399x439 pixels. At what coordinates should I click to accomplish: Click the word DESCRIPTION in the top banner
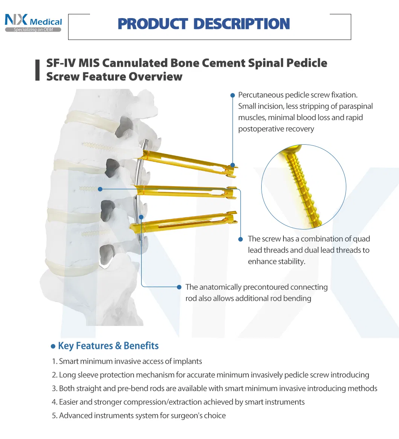coord(242,24)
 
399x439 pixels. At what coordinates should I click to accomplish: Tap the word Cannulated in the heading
coord(135,63)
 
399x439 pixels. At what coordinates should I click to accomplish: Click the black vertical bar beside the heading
coord(37,70)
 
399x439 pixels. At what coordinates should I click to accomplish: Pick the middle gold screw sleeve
coord(186,192)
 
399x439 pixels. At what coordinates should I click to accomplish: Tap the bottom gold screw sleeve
coord(184,222)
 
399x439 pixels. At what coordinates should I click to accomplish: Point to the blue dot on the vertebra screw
coord(100,189)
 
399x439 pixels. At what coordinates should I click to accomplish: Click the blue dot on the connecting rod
coord(141,217)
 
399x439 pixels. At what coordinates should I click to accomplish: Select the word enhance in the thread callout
coord(262,262)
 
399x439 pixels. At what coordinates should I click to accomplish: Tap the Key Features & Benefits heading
coord(108,346)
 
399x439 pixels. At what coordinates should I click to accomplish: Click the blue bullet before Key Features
coord(53,347)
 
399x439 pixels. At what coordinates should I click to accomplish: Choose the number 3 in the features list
coord(54,389)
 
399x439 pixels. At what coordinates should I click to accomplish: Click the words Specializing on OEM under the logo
coord(33,30)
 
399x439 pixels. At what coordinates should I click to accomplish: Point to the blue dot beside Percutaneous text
coord(232,95)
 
